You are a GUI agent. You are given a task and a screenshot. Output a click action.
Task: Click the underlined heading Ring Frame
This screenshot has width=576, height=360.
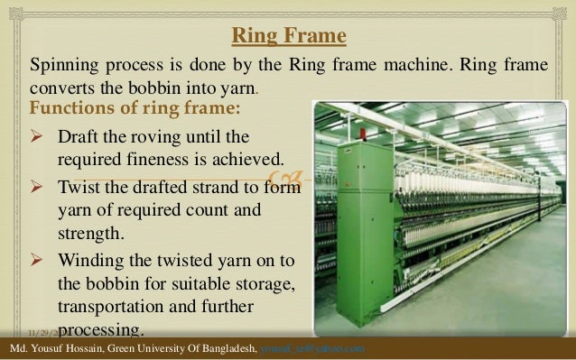pyautogui.click(x=288, y=37)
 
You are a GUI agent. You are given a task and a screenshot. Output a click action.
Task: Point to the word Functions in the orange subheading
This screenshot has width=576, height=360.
pyautogui.click(x=71, y=110)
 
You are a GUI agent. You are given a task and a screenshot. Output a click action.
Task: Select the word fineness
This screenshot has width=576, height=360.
pyautogui.click(x=150, y=160)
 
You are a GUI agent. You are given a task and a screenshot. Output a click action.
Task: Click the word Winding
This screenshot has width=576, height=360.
pyautogui.click(x=90, y=261)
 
